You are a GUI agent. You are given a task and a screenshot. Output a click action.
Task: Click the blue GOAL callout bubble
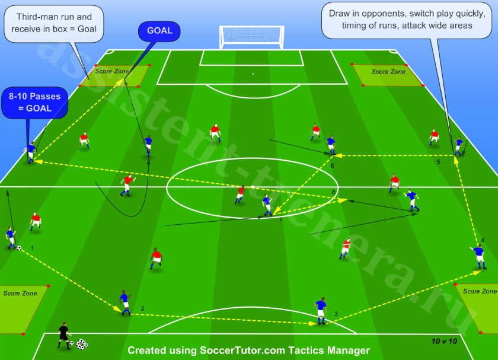point(159,31)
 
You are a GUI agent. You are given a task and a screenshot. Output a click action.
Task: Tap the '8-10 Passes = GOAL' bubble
point(34,103)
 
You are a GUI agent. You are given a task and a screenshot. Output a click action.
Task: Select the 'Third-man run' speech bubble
point(54,23)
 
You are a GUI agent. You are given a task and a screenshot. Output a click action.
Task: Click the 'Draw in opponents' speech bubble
point(407,20)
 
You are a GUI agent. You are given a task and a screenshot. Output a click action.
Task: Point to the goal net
point(251,37)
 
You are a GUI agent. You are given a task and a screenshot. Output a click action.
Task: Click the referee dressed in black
point(64,336)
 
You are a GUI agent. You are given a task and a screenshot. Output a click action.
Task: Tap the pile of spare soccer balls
point(82,344)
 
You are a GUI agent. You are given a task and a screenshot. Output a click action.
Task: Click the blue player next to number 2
point(125,302)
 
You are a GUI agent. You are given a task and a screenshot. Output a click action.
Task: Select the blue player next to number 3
point(321,311)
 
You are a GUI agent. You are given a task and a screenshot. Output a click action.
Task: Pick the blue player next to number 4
point(479,257)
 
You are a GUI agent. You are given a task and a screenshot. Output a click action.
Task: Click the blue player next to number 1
point(11,238)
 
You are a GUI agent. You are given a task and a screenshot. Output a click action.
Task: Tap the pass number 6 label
point(332,166)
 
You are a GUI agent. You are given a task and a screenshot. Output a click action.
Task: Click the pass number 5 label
point(438,162)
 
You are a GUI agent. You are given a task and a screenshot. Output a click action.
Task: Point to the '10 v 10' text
point(444,341)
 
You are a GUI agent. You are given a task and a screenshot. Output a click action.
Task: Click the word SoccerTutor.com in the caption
point(242,350)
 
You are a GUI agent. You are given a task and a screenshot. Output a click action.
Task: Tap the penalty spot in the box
point(253,74)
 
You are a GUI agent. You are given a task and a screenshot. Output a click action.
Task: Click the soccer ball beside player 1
point(20,248)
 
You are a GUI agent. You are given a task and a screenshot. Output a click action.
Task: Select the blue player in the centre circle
point(267,205)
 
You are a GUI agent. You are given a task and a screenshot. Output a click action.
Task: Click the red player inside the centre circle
point(240,195)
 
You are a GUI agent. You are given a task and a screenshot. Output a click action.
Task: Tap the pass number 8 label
point(333,192)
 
